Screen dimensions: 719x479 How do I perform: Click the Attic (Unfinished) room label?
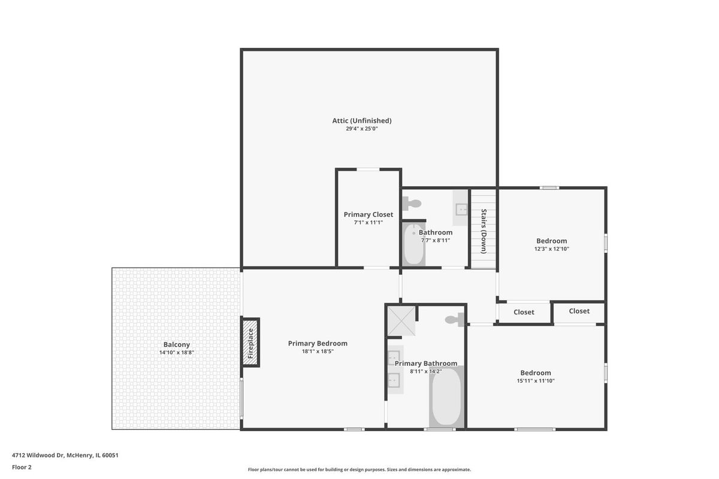(362, 120)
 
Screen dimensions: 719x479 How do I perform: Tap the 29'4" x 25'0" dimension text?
(362, 129)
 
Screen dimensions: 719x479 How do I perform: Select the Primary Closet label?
(368, 214)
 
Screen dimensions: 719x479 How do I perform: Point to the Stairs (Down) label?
(484, 231)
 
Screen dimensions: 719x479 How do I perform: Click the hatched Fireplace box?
(250, 342)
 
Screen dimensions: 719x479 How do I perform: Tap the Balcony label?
(177, 344)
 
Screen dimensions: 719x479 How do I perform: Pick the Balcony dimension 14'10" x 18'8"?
(177, 353)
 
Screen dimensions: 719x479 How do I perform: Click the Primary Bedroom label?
(318, 343)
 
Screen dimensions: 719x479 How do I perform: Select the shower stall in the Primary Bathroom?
(401, 321)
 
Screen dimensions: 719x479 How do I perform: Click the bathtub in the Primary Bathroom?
(446, 397)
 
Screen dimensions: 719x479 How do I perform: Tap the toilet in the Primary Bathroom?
(454, 320)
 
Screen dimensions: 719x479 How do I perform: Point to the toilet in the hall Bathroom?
(412, 204)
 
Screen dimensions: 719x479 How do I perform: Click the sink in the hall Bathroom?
(461, 208)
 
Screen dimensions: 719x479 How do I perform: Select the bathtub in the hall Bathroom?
(414, 244)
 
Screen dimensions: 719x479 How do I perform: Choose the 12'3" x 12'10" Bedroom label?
(551, 241)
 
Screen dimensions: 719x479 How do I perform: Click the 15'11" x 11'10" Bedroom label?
(536, 373)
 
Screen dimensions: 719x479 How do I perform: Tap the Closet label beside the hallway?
(524, 312)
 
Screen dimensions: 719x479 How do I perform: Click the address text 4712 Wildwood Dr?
(38, 455)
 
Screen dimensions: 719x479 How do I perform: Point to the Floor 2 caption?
(22, 468)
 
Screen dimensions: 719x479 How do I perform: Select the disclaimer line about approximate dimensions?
(359, 469)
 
